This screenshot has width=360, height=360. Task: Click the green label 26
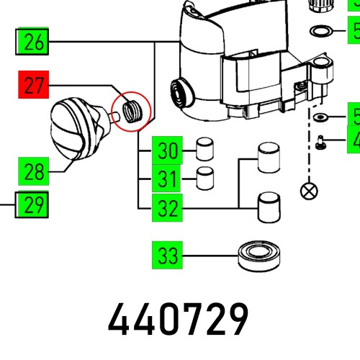[33, 42]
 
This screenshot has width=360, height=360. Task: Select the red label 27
[33, 87]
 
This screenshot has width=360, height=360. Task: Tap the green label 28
[33, 171]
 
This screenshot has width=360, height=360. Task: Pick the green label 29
[33, 207]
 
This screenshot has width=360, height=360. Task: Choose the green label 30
[167, 151]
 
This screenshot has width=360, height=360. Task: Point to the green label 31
[167, 177]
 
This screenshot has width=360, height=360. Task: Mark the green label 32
[167, 209]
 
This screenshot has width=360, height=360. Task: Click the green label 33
[167, 255]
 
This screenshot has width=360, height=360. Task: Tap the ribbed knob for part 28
[75, 130]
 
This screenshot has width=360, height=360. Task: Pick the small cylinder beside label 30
[204, 150]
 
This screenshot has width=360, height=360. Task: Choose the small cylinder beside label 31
[205, 176]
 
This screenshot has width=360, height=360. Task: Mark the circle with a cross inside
[308, 192]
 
